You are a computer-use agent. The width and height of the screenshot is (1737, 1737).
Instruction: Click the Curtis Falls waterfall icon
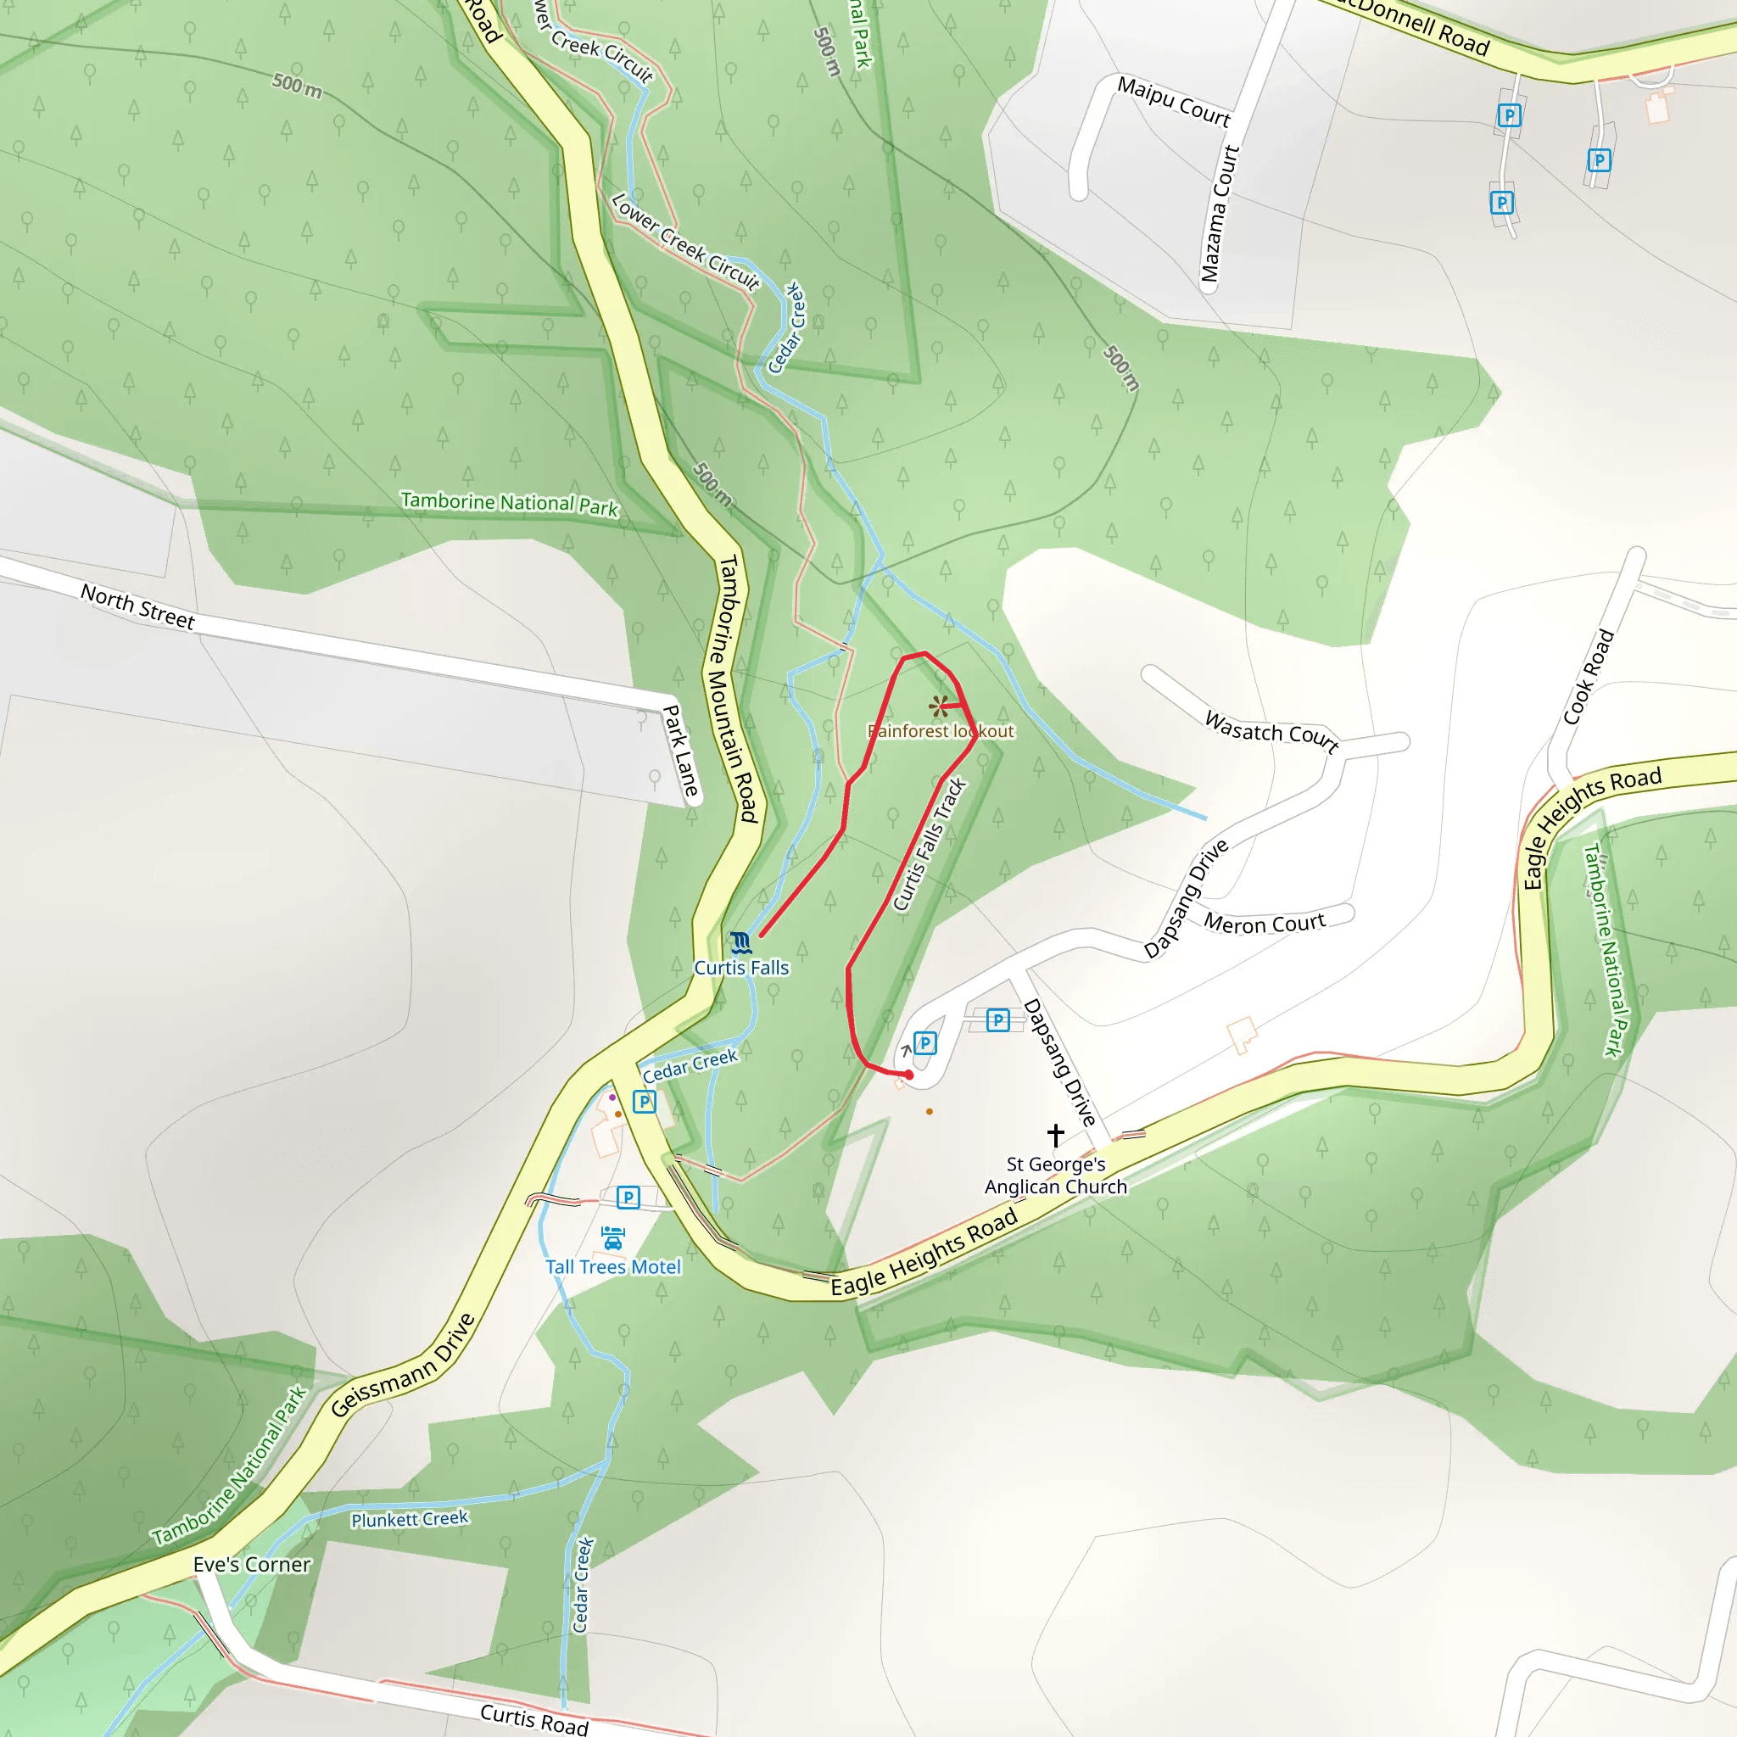[740, 943]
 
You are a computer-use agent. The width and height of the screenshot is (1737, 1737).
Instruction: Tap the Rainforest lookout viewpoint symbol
[939, 706]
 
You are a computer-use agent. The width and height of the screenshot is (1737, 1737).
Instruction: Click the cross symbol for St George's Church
[1055, 1135]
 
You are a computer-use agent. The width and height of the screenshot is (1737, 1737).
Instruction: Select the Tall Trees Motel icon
[612, 1238]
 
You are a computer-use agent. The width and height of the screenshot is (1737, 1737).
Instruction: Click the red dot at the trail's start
[909, 1075]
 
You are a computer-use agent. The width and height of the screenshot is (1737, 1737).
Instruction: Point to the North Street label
[137, 607]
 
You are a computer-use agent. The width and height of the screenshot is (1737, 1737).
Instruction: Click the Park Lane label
[680, 751]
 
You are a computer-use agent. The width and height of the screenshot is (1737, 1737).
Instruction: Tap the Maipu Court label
[1173, 101]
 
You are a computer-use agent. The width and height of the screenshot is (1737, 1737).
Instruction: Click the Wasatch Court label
[1271, 731]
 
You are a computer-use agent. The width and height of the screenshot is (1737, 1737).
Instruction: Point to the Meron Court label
[1264, 924]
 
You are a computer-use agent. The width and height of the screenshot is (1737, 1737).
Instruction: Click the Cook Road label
[1589, 677]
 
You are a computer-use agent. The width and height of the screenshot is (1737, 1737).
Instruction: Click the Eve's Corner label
[252, 1564]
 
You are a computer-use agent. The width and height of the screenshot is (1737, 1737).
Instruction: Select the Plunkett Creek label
[410, 1518]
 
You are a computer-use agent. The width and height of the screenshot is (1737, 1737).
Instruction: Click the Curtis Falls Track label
[929, 844]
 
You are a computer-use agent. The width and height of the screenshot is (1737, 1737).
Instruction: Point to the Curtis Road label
[534, 1718]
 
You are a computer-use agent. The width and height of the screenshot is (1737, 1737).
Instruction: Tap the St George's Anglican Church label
[1055, 1175]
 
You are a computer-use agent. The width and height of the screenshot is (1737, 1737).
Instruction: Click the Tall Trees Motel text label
[613, 1267]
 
